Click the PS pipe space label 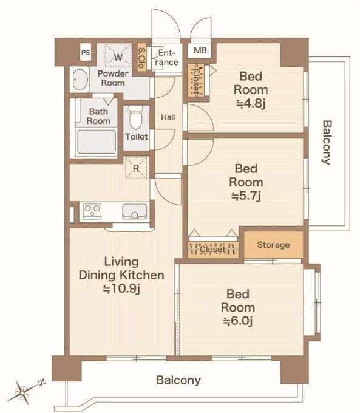86,52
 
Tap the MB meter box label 200,50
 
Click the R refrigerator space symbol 136,168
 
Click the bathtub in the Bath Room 97,142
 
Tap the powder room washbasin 80,80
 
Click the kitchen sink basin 134,211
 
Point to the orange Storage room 274,245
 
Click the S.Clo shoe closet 141,58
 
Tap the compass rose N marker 41,382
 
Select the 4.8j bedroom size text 251,103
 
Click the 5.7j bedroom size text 246,196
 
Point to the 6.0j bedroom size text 238,321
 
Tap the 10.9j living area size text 121,288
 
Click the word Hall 168,117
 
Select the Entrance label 166,58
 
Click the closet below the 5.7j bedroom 213,250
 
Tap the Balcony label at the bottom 178,380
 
